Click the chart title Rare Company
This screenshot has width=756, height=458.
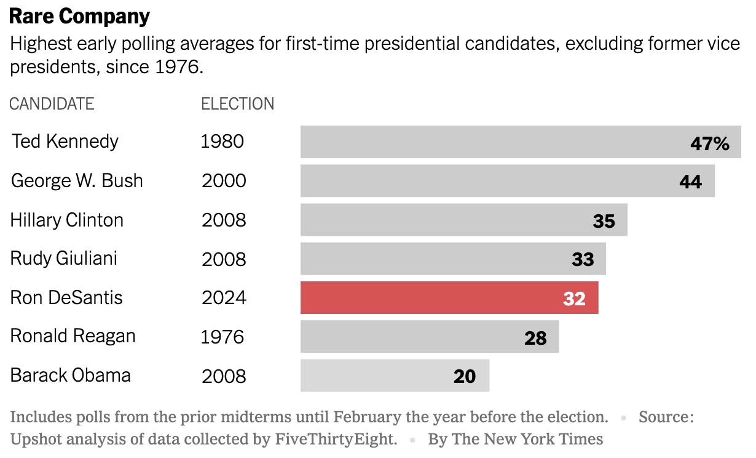(x=79, y=17)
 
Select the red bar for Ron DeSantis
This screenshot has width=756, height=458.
(x=449, y=298)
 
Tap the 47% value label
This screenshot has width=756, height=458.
(x=709, y=143)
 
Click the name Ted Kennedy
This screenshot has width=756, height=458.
(x=65, y=142)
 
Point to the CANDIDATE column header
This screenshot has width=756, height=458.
(x=52, y=104)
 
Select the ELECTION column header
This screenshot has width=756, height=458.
(x=238, y=104)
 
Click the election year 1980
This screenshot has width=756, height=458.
(x=222, y=142)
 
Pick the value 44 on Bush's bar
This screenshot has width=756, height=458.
(x=690, y=182)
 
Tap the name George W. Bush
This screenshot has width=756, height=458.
(x=77, y=181)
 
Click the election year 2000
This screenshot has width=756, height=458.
(x=224, y=181)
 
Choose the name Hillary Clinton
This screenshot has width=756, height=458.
(x=67, y=220)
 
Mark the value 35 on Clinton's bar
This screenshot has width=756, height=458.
(x=604, y=221)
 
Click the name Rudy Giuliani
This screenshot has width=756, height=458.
(x=64, y=259)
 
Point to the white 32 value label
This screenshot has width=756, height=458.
(x=574, y=299)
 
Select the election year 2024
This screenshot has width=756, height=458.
(x=224, y=298)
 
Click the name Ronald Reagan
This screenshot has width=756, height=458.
(x=73, y=336)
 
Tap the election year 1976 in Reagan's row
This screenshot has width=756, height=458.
(x=222, y=337)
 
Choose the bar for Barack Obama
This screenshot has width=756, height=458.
(x=395, y=376)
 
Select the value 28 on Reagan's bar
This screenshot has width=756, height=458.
(x=535, y=338)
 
